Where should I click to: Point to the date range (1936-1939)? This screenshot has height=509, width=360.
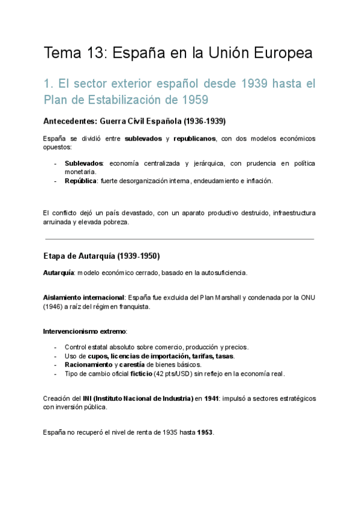(197, 121)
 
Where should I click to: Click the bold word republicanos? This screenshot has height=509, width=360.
(194, 139)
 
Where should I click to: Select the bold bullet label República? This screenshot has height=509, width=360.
(80, 181)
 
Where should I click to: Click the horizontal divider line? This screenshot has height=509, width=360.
(179, 239)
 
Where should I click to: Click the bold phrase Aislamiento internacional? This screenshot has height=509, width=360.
(83, 297)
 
